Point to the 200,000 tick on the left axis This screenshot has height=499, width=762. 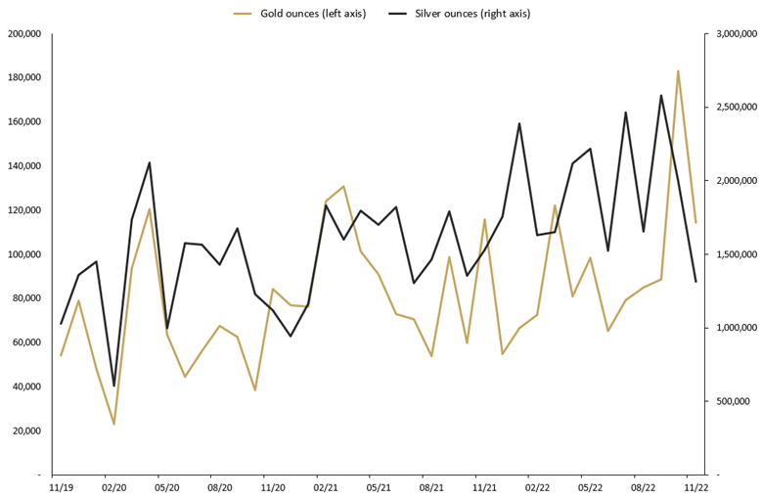coord(23,34)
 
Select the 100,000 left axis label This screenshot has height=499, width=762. coord(23,254)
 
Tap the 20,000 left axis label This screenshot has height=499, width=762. coord(26,431)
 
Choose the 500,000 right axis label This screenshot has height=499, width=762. coord(733,401)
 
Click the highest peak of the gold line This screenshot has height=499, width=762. coord(678,71)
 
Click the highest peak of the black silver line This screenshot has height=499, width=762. coord(661,96)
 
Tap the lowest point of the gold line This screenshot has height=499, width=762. coord(113,424)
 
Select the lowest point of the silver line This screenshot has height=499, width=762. coord(113,386)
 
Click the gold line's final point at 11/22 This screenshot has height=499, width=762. coord(695,222)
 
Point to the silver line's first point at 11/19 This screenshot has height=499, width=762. coord(61,324)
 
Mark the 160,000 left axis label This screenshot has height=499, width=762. coord(23,122)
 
